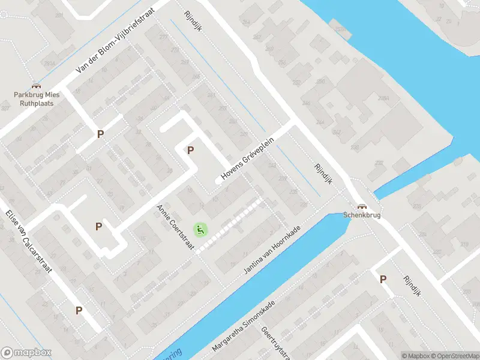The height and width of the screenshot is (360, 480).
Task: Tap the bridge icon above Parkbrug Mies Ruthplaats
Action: point(35,86)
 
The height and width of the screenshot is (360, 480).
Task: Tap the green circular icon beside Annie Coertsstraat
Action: point(200,229)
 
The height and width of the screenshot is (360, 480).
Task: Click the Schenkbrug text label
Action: point(362,215)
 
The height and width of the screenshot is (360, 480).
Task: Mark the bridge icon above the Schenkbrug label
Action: point(362,205)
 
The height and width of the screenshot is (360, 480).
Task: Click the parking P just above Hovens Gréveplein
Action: point(191,151)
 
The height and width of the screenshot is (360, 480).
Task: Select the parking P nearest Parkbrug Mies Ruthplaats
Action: point(100,134)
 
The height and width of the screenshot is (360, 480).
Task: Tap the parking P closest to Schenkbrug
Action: point(383,278)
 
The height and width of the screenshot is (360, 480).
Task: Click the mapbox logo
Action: point(26,353)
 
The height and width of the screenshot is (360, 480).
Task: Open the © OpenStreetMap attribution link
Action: point(454,356)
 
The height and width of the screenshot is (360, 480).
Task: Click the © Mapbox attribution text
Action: point(415,356)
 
